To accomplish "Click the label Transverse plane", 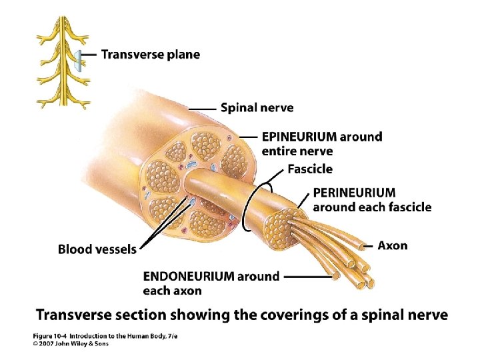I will click(x=150, y=55).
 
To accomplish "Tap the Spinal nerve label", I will click(x=257, y=107).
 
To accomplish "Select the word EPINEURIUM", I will click(x=299, y=137).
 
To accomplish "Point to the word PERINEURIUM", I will click(x=354, y=193).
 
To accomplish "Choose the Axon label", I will click(x=392, y=245).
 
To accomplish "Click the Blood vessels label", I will click(x=97, y=249).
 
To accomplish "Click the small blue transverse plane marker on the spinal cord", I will click(x=79, y=61).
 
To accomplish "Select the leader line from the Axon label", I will click(x=365, y=246).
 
